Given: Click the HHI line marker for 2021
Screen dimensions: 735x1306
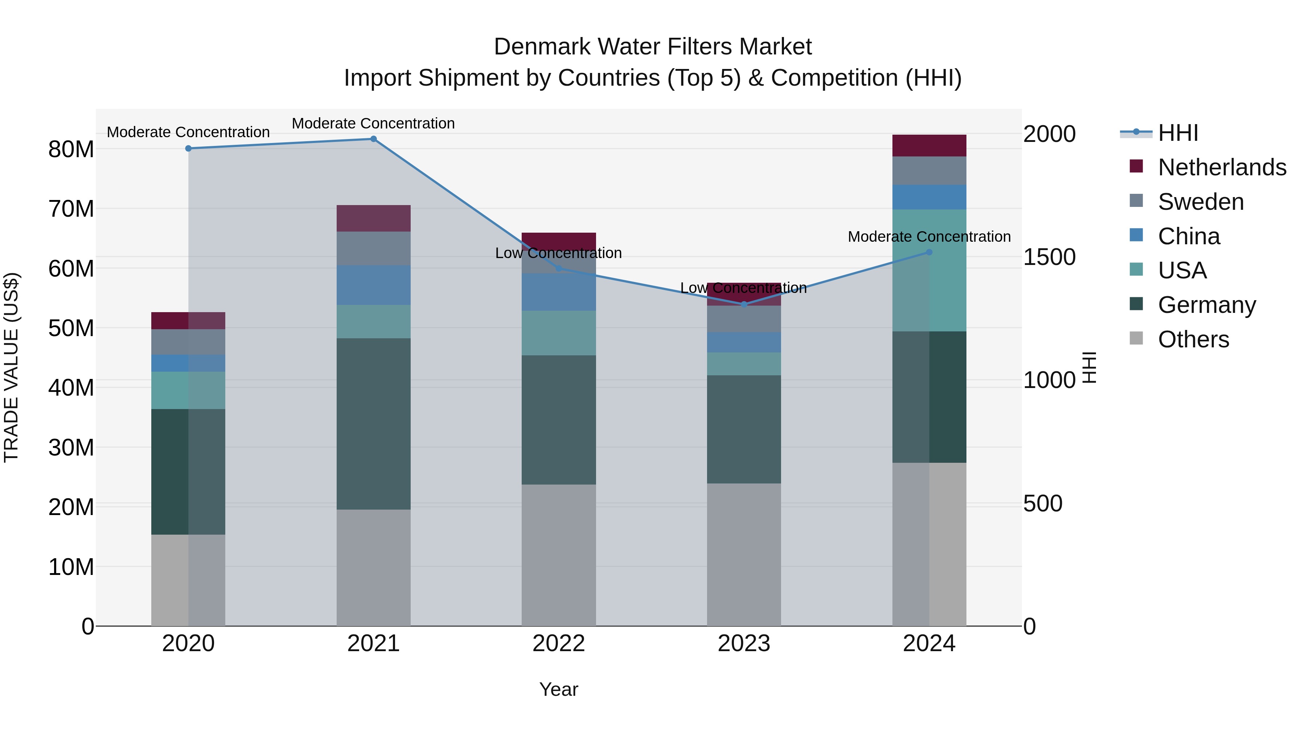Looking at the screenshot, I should pos(373,139).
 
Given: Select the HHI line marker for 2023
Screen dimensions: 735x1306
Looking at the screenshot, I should pos(744,305).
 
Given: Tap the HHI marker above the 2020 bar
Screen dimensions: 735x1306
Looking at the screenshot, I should pos(188,148).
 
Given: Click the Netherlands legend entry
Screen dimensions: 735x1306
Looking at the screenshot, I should pos(1222,167).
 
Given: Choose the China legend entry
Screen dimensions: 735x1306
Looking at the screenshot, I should pos(1188,236).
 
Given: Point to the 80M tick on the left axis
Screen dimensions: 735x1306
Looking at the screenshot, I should pos(71,150).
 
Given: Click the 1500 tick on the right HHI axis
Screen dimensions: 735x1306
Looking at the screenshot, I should pos(1049,257).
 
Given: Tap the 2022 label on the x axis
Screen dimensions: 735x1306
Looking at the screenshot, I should pos(559,644).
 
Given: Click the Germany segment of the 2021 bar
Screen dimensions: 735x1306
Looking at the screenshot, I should pos(373,424).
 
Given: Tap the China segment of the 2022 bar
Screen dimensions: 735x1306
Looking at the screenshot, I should pos(559,292).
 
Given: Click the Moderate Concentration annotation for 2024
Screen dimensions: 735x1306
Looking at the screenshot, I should pos(929,237).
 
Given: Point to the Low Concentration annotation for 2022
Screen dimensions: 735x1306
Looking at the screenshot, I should pos(558,253).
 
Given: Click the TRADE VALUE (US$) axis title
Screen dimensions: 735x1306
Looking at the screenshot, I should pos(12,367).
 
